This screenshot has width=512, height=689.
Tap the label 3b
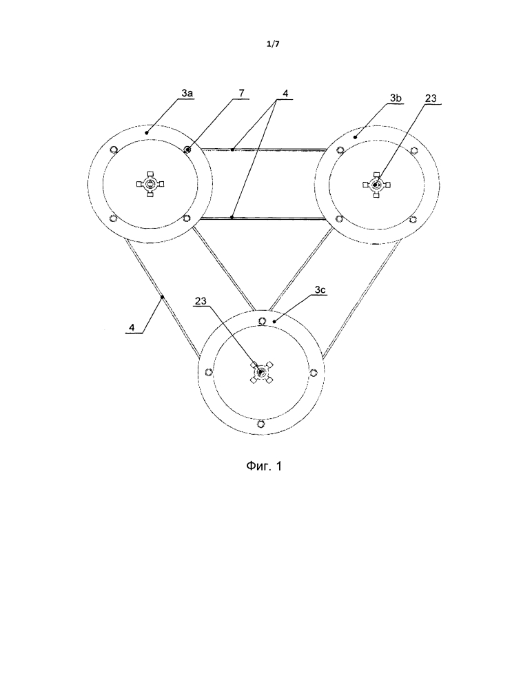pos(396,101)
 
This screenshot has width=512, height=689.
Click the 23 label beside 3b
pos(431,101)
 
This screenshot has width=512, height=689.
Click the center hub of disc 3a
pos(150,184)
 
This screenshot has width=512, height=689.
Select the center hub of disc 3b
pos(376,184)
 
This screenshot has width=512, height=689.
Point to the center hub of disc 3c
pos(262,373)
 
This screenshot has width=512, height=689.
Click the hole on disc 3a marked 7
pos(187,149)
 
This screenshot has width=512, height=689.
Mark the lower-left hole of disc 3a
pos(113,219)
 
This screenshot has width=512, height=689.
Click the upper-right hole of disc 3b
pos(413,150)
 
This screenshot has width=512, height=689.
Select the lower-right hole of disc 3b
pos(413,219)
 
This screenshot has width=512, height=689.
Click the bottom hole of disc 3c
pos(262,423)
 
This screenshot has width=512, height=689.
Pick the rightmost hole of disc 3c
pos(313,373)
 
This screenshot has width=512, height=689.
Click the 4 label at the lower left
pos(133,329)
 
